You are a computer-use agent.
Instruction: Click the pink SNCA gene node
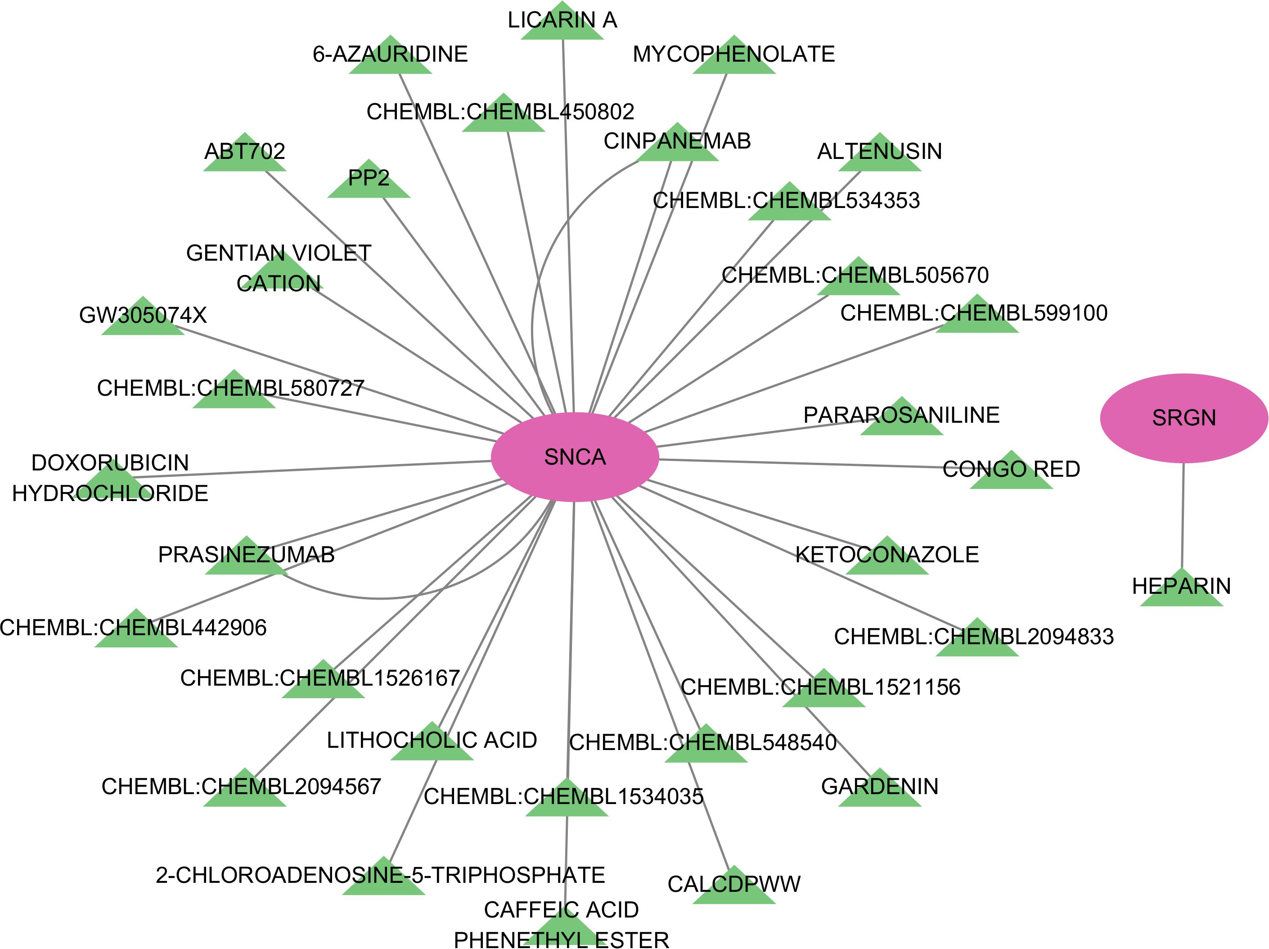[575, 456]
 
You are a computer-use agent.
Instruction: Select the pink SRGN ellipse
[1183, 418]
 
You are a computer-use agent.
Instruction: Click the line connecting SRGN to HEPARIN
[1182, 516]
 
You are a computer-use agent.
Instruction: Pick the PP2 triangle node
[369, 182]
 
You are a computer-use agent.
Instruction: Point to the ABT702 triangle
[245, 156]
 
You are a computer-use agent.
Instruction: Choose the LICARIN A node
[562, 26]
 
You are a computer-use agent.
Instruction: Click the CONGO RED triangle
[1012, 473]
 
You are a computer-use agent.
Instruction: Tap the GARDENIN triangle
[879, 791]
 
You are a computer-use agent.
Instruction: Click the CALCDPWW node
[734, 889]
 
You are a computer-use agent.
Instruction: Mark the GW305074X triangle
[143, 320]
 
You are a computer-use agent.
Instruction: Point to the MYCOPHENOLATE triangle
[734, 59]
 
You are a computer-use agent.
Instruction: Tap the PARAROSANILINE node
[901, 420]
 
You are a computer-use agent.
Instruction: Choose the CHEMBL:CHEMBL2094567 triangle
[245, 791]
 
